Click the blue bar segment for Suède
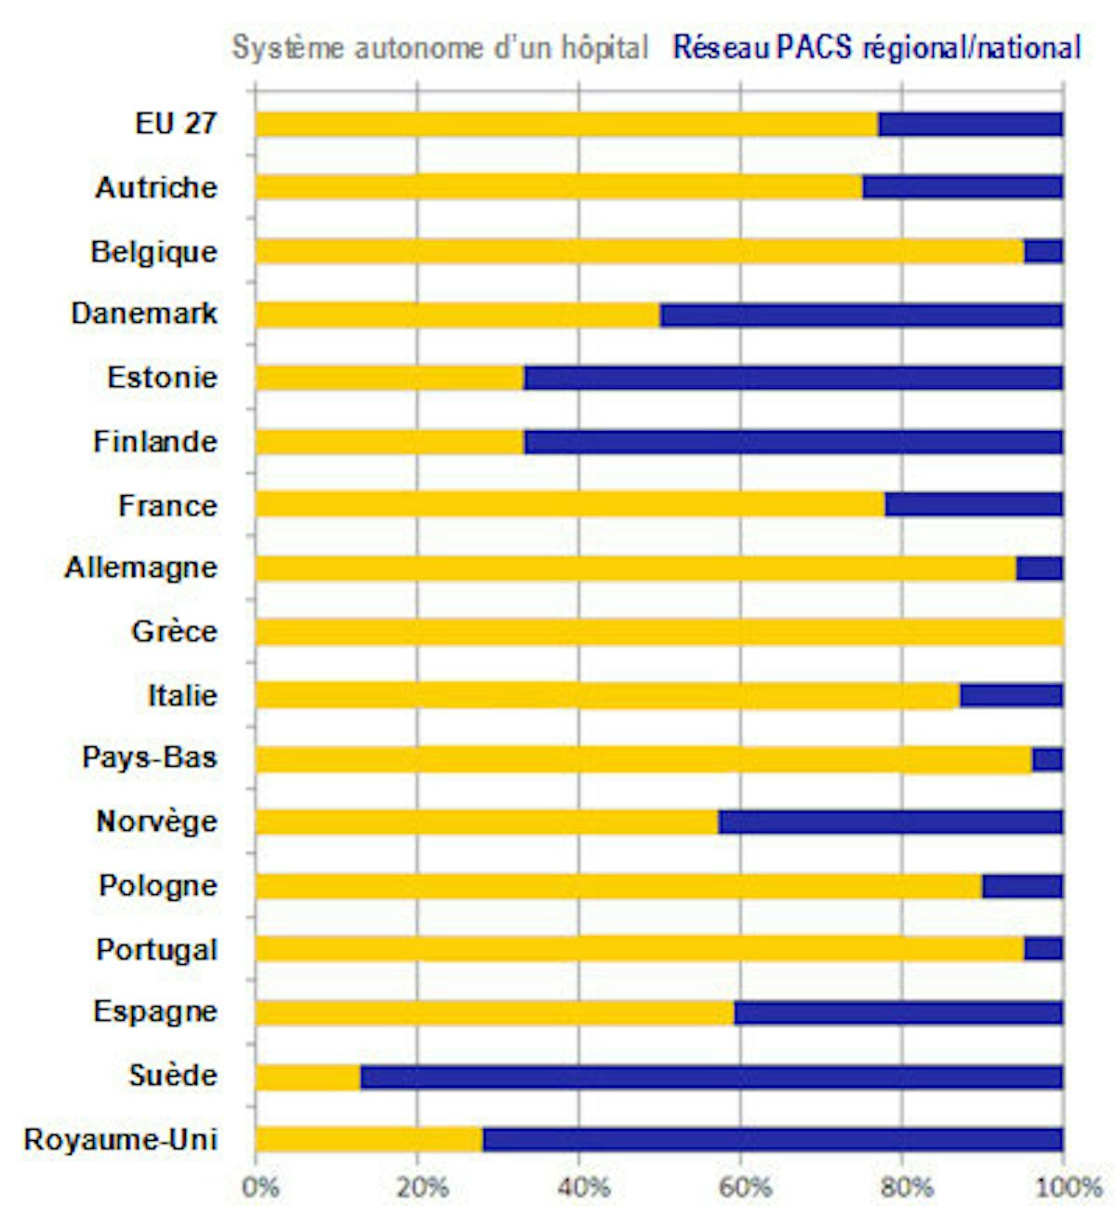click(x=711, y=1077)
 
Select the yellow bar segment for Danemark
click(x=458, y=315)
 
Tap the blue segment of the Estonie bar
click(x=793, y=378)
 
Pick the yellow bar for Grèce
click(x=658, y=633)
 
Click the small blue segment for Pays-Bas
click(x=1047, y=759)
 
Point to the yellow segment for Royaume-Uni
click(x=369, y=1139)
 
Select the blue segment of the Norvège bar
click(x=890, y=822)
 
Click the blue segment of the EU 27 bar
click(x=970, y=124)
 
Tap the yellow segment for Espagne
click(x=495, y=1012)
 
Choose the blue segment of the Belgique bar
click(x=1043, y=251)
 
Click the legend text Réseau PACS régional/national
click(x=877, y=47)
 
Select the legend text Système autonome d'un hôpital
click(x=440, y=47)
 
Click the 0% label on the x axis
click(x=259, y=1187)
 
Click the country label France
click(x=167, y=505)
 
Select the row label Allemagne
click(x=140, y=568)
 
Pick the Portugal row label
click(x=156, y=949)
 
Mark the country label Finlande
click(x=154, y=441)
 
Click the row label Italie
click(x=182, y=695)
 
